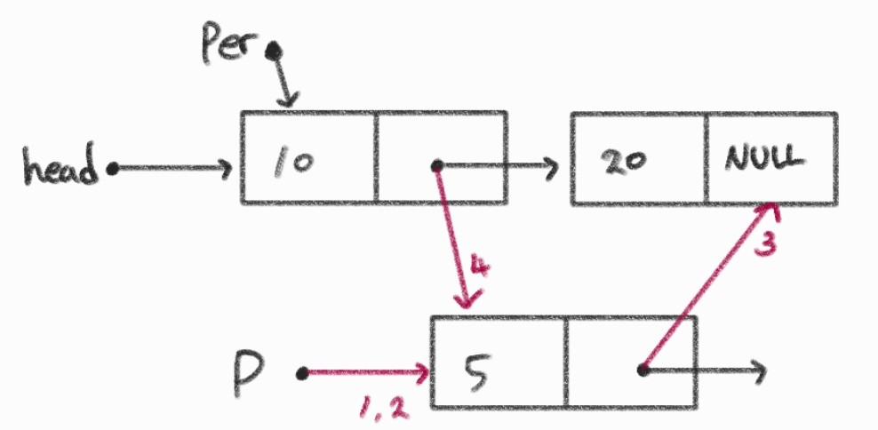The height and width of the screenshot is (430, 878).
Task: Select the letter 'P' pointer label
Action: [248, 374]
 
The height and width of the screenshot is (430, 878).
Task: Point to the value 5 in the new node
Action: [475, 363]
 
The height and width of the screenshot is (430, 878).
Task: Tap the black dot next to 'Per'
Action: [272, 51]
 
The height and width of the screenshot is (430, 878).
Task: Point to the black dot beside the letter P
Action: [302, 374]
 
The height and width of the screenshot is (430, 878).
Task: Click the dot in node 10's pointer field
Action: [437, 165]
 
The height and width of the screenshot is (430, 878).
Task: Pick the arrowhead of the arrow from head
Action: [226, 167]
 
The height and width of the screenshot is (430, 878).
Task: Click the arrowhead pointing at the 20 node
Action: [552, 165]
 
